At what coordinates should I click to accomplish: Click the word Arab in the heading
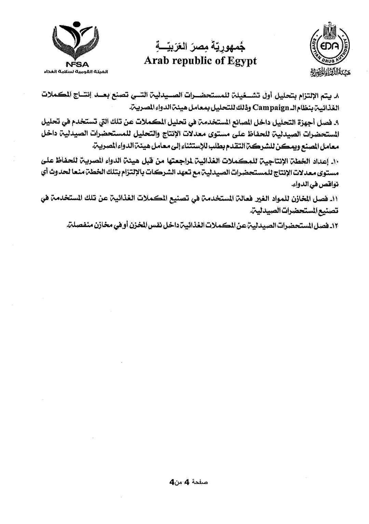[155, 61]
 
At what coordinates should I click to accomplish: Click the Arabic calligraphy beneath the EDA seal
[331, 72]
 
